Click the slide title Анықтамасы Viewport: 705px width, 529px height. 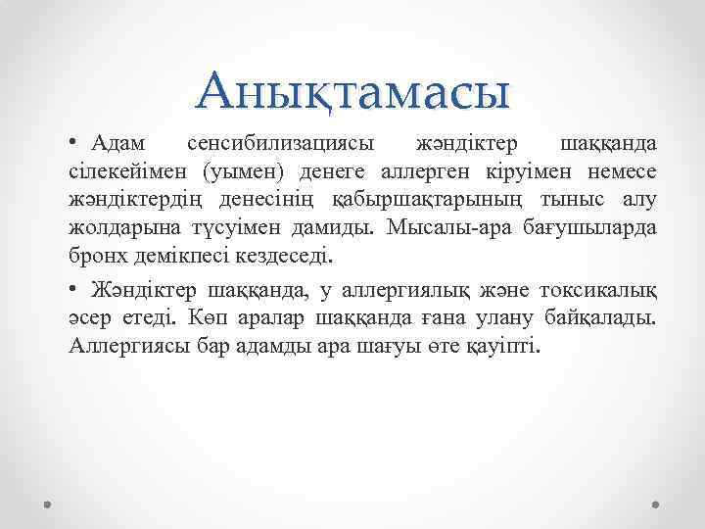pos(352,93)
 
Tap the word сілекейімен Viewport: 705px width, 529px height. pos(129,172)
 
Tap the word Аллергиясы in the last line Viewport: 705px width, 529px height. pos(127,347)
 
